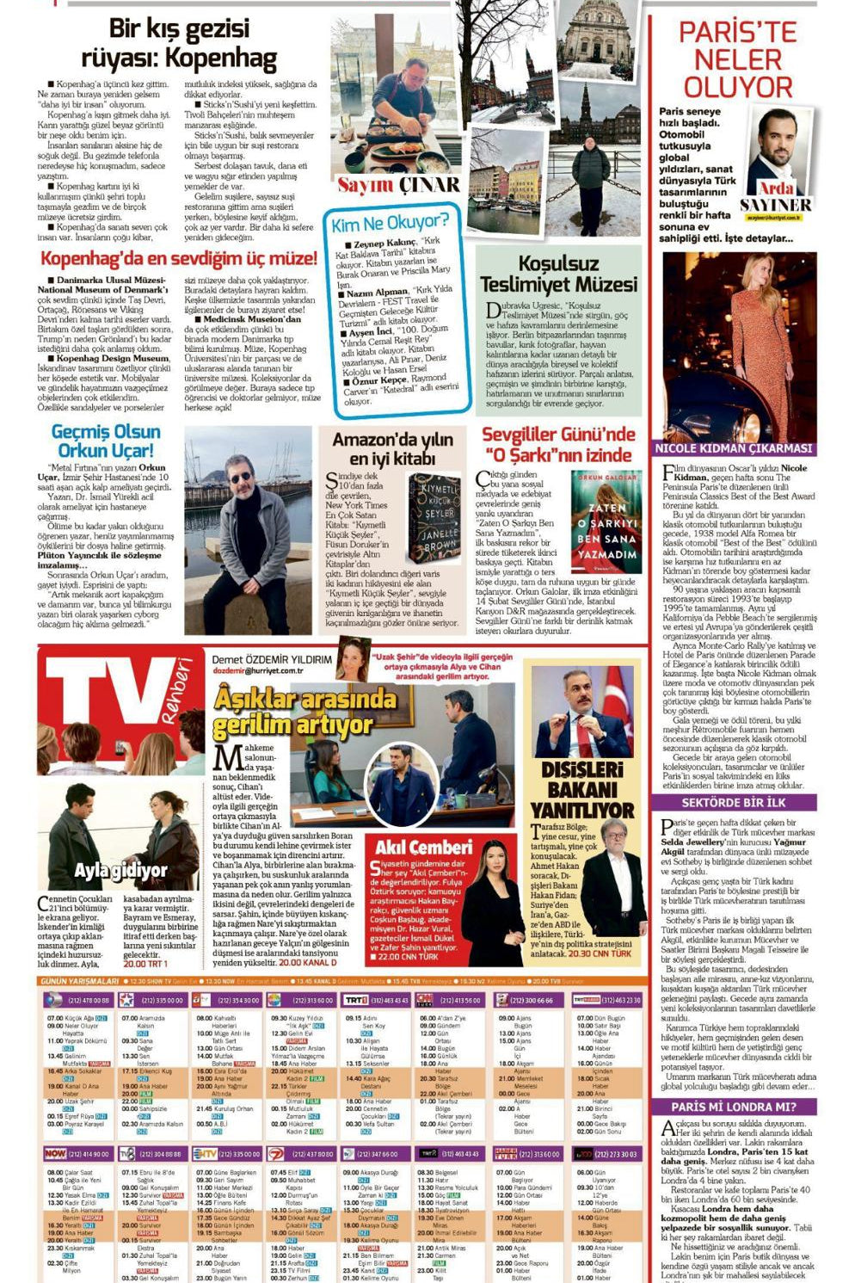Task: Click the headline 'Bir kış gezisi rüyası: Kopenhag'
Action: click(179, 44)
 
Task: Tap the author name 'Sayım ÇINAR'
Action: click(398, 185)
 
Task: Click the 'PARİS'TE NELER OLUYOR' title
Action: click(737, 60)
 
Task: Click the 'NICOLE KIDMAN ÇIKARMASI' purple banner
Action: click(733, 447)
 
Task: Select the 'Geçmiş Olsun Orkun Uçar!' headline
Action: click(106, 441)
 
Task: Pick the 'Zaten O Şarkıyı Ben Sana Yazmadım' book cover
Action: click(606, 521)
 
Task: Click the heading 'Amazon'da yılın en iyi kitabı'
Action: click(392, 449)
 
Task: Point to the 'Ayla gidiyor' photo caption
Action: click(120, 870)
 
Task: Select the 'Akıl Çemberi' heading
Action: click(423, 847)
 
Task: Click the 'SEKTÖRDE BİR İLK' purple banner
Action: click(733, 802)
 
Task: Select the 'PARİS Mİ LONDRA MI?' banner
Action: click(733, 1107)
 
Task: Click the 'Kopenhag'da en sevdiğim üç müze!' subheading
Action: click(179, 258)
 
